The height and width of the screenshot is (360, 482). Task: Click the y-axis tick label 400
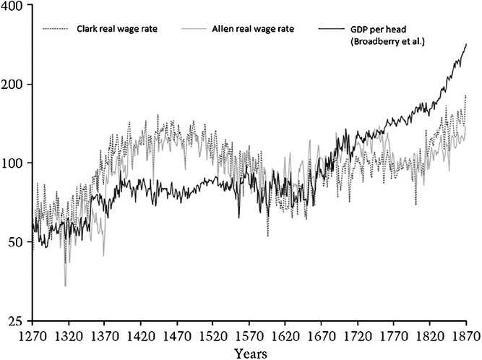click(x=14, y=7)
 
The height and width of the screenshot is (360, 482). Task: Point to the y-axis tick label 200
click(x=14, y=85)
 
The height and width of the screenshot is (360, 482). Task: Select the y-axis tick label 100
click(x=14, y=163)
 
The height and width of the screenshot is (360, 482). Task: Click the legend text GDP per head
click(x=379, y=30)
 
